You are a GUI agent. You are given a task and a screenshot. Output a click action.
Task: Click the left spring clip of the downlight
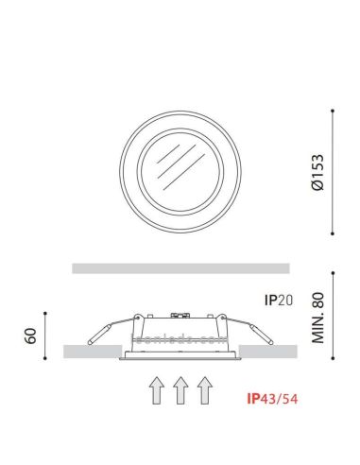[x=104, y=331]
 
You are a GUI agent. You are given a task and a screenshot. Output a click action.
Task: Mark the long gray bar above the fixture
[x=180, y=267]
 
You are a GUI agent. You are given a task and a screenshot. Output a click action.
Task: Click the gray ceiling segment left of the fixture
[x=91, y=352]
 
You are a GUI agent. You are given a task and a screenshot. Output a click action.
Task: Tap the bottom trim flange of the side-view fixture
[x=180, y=358]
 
